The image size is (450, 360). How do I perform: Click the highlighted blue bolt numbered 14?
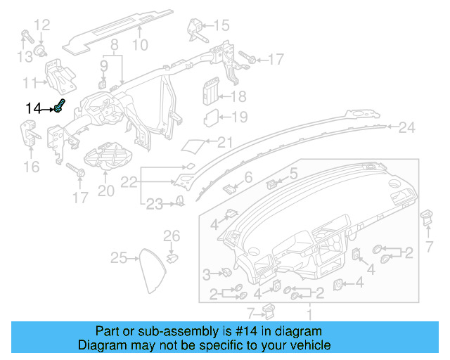click(60, 107)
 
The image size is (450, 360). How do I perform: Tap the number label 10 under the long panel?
click(139, 46)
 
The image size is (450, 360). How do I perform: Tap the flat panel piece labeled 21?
click(193, 145)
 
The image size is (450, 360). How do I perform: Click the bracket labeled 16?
click(30, 132)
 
